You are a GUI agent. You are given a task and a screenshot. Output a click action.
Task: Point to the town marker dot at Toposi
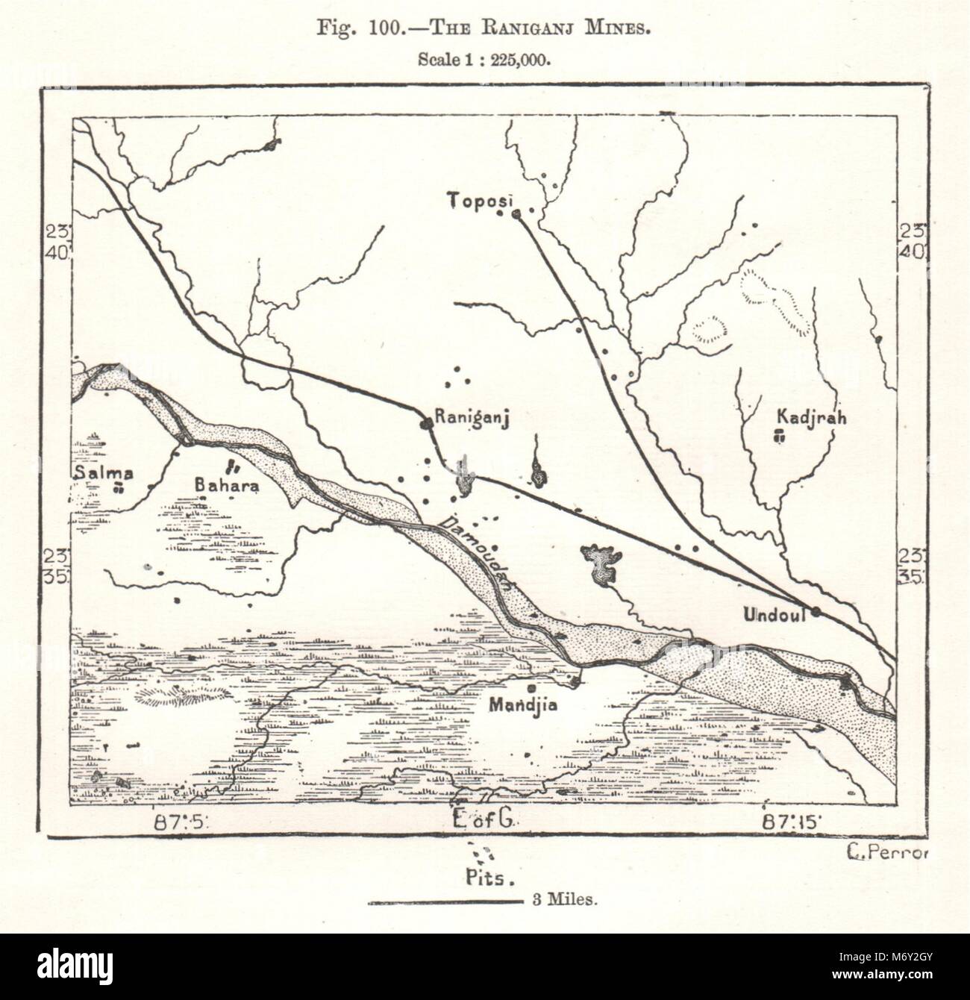[516, 215]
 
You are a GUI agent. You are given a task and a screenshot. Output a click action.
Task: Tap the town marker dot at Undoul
[817, 612]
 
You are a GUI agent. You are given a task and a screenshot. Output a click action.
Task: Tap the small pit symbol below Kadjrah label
[780, 438]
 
